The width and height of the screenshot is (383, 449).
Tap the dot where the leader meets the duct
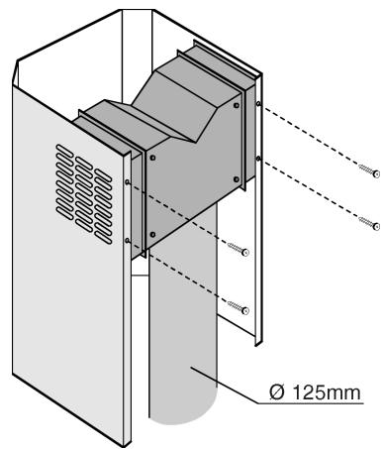[x=195, y=370]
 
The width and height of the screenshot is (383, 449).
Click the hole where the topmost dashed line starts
[x=258, y=102]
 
